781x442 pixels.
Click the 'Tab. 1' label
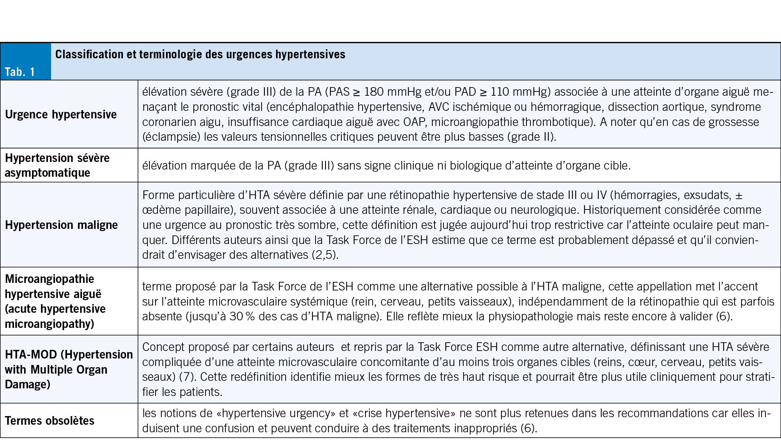point(20,72)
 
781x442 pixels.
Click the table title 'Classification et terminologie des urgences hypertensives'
point(200,54)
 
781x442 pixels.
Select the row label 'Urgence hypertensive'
point(61,114)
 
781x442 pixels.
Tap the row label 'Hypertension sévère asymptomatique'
point(57,165)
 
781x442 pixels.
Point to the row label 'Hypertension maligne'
point(61,225)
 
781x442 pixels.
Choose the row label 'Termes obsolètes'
point(50,421)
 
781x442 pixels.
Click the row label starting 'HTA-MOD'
point(69,369)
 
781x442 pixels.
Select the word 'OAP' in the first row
point(415,122)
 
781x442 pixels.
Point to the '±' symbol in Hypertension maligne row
point(739,195)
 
